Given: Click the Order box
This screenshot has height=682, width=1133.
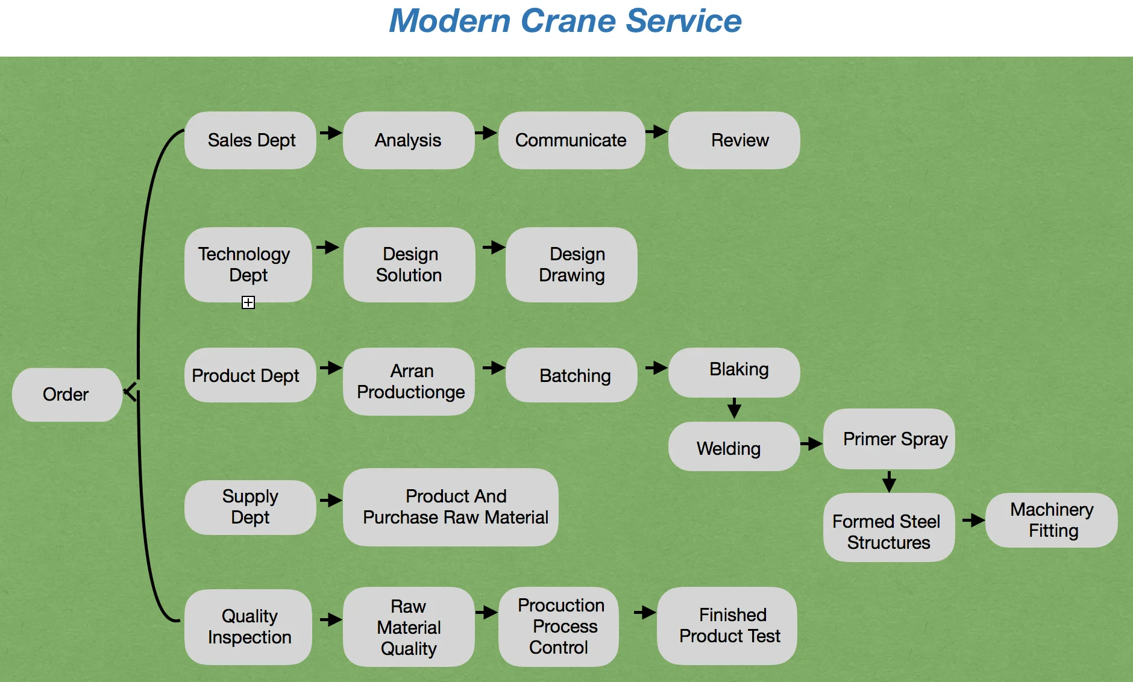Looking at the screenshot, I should pyautogui.click(x=66, y=395).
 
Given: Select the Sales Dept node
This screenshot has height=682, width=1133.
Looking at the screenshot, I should pyautogui.click(x=250, y=140).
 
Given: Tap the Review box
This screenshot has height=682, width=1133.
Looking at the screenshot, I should pyautogui.click(x=734, y=140).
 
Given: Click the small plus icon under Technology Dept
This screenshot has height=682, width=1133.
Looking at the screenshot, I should pyautogui.click(x=248, y=302).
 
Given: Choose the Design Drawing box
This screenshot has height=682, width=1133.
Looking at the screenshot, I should pyautogui.click(x=571, y=264).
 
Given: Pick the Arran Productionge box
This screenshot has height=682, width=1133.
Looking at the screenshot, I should pyautogui.click(x=409, y=381).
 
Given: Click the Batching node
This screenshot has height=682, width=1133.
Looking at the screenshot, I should pyautogui.click(x=571, y=375).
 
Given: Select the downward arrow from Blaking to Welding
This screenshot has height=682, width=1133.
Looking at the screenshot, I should pyautogui.click(x=734, y=408).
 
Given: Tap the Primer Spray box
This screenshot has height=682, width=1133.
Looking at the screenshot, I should pyautogui.click(x=889, y=439).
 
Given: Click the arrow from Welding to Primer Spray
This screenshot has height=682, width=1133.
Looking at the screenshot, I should pyautogui.click(x=811, y=444).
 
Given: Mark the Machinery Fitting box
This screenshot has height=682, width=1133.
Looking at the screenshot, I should pyautogui.click(x=1052, y=520).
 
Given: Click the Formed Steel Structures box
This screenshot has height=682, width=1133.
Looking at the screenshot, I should pyautogui.click(x=889, y=528).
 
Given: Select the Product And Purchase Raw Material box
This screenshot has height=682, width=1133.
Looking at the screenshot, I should pyautogui.click(x=451, y=507).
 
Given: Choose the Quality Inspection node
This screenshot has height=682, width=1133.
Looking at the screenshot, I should pyautogui.click(x=248, y=627).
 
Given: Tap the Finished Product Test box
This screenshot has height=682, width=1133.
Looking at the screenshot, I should pyautogui.click(x=727, y=626).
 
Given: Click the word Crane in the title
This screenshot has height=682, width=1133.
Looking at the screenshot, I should pyautogui.click(x=568, y=21).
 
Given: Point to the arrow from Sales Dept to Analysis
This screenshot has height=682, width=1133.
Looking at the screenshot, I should pyautogui.click(x=330, y=133).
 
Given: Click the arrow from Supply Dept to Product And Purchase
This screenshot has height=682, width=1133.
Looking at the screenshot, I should pyautogui.click(x=330, y=500).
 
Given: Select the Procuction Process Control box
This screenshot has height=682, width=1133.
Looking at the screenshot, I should pyautogui.click(x=559, y=627).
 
